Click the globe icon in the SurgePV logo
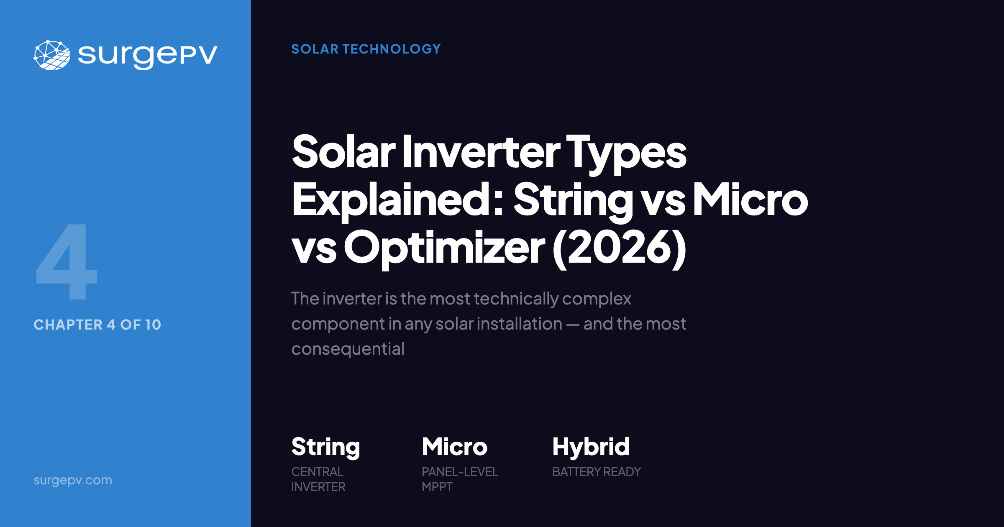pyautogui.click(x=52, y=55)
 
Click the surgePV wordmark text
pyautogui.click(x=147, y=55)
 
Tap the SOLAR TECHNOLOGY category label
pyautogui.click(x=366, y=49)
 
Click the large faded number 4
pyautogui.click(x=67, y=262)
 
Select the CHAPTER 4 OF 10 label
pyautogui.click(x=97, y=325)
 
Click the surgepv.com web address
pyautogui.click(x=73, y=480)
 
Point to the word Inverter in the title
pyautogui.click(x=481, y=151)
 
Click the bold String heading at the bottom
pyautogui.click(x=325, y=447)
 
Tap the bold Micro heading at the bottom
pyautogui.click(x=454, y=447)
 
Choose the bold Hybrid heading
pyautogui.click(x=591, y=447)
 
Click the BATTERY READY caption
pyautogui.click(x=596, y=472)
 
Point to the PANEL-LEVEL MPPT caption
pyautogui.click(x=459, y=479)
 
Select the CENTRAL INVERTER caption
pyautogui.click(x=318, y=479)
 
